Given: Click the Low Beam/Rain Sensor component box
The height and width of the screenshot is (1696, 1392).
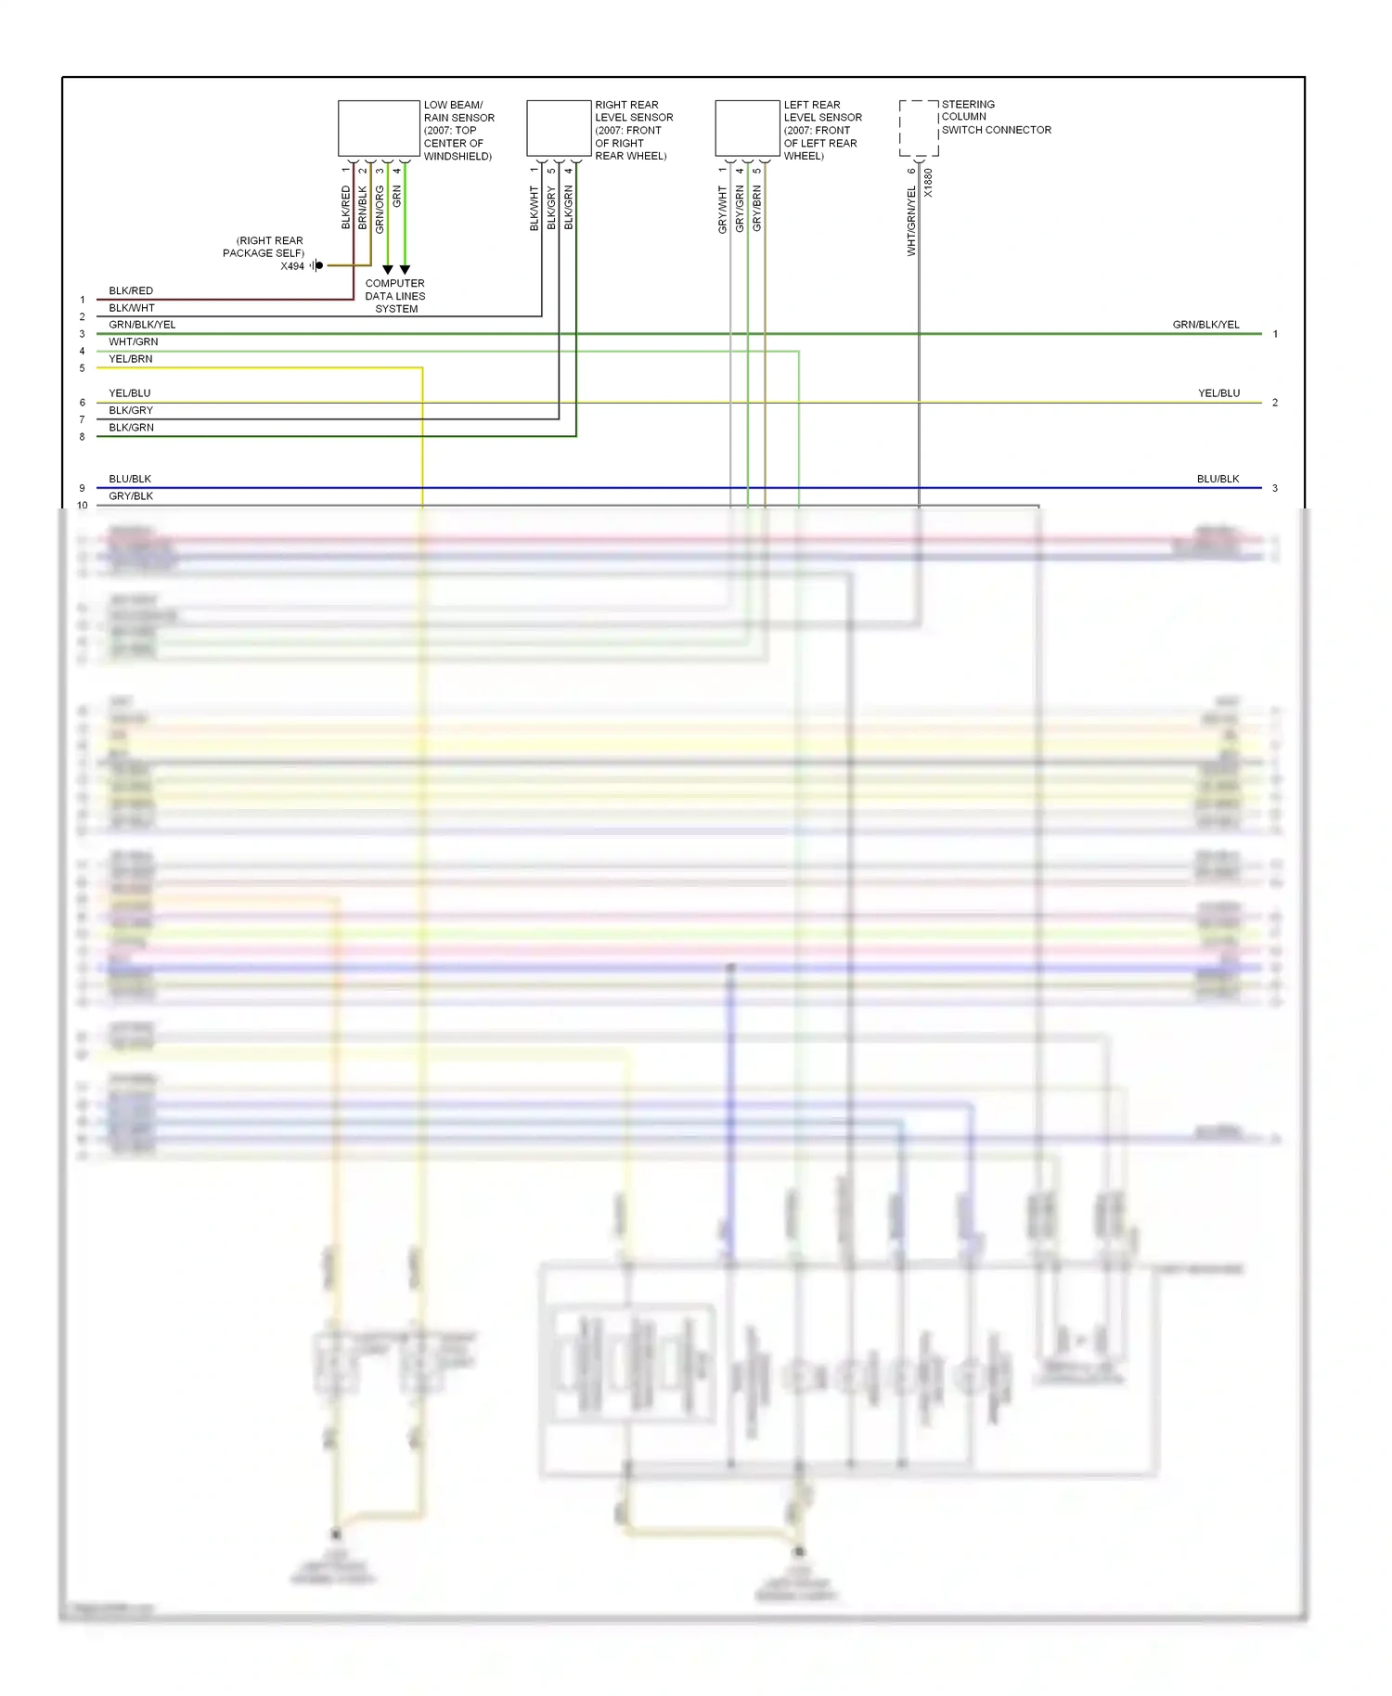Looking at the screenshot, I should (379, 128).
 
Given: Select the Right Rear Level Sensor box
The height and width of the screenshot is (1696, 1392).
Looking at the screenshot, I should (559, 128).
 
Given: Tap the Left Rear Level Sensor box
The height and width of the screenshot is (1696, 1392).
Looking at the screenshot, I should (747, 128).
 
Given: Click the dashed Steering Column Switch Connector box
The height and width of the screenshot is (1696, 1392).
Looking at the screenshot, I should (919, 128).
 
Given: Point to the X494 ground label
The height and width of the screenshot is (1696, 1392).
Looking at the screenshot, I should (292, 266).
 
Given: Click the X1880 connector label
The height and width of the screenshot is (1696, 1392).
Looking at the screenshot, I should (928, 182).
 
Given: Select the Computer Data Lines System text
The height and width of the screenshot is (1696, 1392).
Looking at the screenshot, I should (395, 296).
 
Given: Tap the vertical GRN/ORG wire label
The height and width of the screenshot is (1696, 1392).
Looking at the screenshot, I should (380, 209).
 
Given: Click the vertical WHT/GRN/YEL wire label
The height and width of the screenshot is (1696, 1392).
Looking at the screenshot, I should (911, 221).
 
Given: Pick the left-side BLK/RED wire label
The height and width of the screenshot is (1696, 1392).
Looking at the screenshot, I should (131, 290).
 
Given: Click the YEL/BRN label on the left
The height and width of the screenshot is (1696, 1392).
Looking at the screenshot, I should (131, 359).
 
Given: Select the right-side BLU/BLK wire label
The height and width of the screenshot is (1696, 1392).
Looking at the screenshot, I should (1218, 479).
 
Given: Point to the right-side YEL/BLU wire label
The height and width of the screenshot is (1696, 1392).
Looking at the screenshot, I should (1218, 393).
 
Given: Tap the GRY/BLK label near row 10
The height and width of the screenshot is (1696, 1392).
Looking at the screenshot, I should (131, 496).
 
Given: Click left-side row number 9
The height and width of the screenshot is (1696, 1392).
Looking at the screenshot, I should (82, 488).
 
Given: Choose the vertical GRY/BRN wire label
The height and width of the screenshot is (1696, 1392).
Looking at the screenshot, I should (757, 209).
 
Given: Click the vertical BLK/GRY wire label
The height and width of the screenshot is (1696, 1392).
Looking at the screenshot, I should (551, 209).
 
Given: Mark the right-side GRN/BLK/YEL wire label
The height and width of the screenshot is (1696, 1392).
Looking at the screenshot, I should (1205, 325).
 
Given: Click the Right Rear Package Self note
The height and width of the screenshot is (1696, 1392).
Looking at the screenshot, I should (264, 247).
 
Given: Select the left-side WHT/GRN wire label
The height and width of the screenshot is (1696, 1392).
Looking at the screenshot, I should (134, 341).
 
